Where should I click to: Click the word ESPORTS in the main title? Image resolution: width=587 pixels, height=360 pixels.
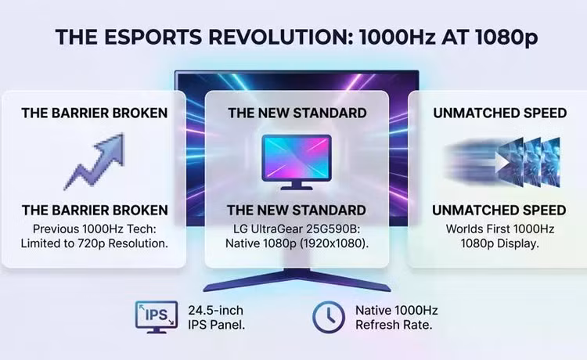pyautogui.click(x=152, y=37)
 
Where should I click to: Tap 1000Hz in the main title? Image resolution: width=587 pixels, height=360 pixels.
pyautogui.click(x=398, y=37)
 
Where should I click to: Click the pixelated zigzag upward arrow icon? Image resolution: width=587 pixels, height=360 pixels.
pyautogui.click(x=95, y=161)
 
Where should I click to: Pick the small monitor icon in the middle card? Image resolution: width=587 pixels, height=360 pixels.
pyautogui.click(x=297, y=162)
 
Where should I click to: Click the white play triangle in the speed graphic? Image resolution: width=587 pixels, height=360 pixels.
pyautogui.click(x=502, y=163)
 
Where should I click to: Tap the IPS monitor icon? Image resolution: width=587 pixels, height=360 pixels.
pyautogui.click(x=157, y=317)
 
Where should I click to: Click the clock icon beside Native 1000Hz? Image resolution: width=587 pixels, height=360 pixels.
pyautogui.click(x=329, y=317)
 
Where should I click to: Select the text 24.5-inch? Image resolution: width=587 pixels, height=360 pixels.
pyautogui.click(x=216, y=310)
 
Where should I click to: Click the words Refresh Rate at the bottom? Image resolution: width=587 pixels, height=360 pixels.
pyautogui.click(x=394, y=325)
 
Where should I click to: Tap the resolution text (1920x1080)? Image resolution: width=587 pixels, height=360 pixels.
pyautogui.click(x=330, y=243)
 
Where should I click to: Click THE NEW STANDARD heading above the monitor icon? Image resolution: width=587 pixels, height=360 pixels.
pyautogui.click(x=297, y=113)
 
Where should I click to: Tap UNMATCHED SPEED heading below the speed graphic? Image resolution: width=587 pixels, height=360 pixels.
pyautogui.click(x=499, y=211)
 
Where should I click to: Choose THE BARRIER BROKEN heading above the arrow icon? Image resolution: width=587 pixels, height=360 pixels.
pyautogui.click(x=95, y=113)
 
